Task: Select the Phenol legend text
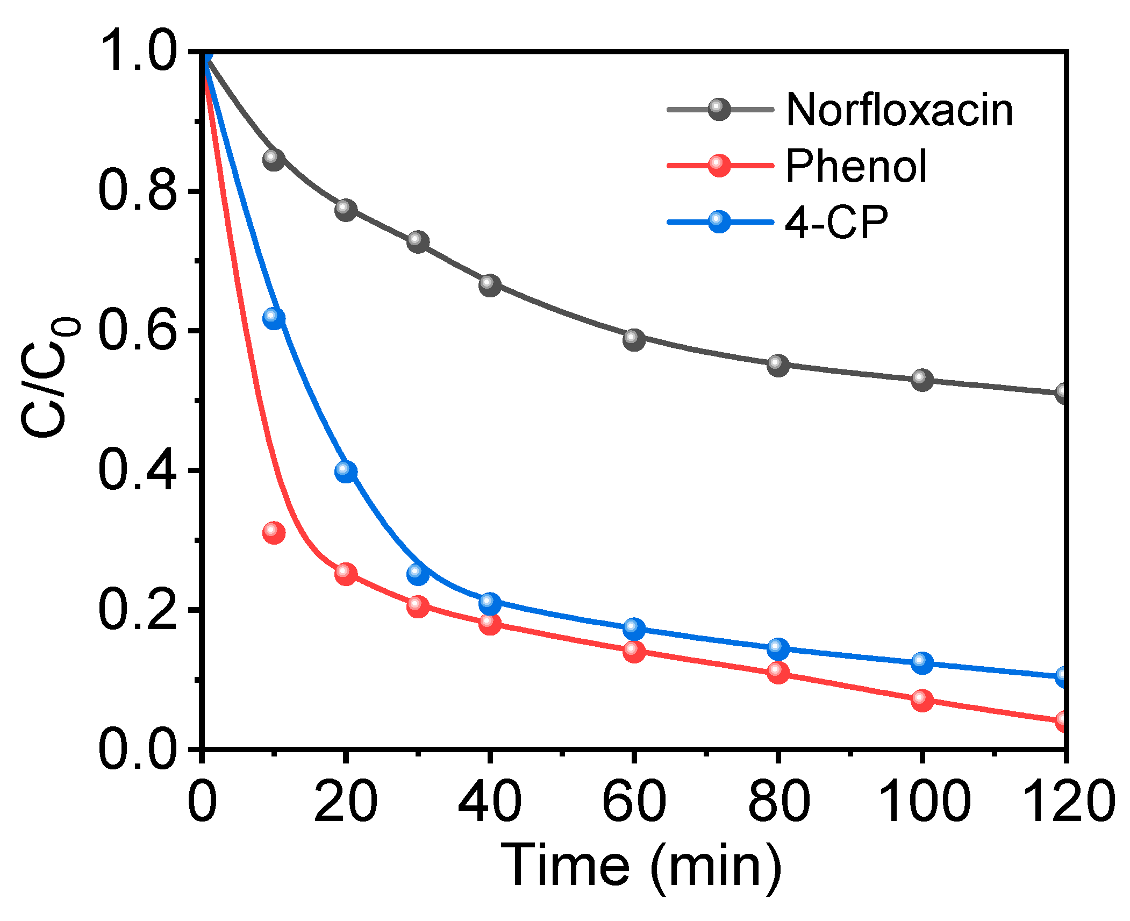(856, 166)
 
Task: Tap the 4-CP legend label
(836, 222)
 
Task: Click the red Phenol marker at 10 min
(274, 532)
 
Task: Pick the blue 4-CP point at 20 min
(346, 471)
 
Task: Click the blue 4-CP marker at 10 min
(274, 318)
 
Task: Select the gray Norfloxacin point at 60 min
(634, 339)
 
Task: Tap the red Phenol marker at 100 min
(921, 700)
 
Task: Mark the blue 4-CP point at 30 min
(418, 574)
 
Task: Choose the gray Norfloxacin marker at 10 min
(274, 159)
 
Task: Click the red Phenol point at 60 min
(634, 651)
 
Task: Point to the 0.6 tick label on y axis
(138, 331)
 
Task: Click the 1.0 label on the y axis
(138, 53)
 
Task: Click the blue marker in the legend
(719, 221)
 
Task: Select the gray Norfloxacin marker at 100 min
(921, 380)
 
